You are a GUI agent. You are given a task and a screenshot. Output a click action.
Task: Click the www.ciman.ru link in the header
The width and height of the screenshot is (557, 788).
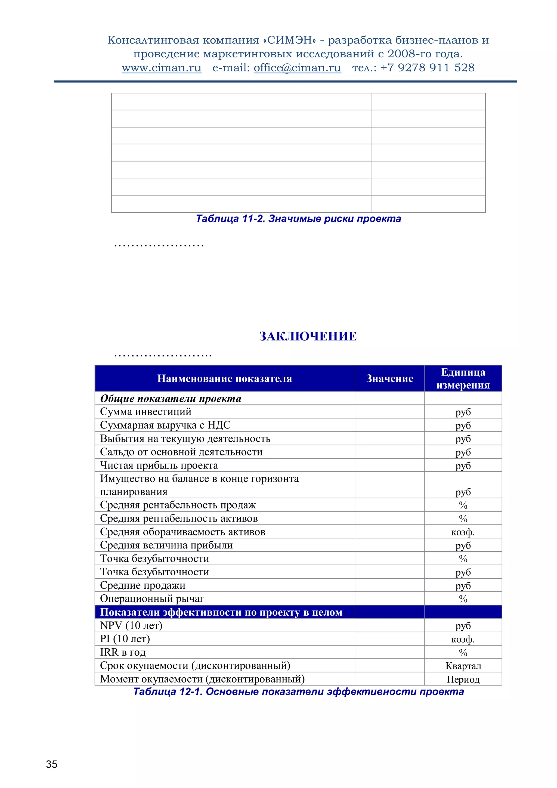tap(161, 68)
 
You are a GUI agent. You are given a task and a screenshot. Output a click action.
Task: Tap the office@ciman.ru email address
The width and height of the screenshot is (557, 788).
tap(297, 68)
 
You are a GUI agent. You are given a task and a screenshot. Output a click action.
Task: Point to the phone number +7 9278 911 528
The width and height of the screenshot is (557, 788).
tap(427, 68)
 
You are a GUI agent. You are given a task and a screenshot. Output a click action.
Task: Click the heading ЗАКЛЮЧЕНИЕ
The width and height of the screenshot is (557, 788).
tap(308, 336)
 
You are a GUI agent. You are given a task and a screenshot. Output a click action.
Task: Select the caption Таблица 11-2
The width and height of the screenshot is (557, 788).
tap(298, 219)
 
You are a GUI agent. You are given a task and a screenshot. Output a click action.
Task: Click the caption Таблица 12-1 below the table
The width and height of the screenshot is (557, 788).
tap(298, 691)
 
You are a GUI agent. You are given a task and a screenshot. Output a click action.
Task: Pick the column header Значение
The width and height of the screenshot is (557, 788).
tap(389, 378)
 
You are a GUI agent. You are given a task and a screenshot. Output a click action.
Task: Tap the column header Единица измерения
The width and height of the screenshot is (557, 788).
tap(463, 378)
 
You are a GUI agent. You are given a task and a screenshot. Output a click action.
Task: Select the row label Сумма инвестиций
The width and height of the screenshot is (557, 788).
tap(146, 411)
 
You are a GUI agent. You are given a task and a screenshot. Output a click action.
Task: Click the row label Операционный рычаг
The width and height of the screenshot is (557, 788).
tap(152, 598)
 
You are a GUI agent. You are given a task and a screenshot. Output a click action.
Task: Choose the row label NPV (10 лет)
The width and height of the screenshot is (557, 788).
tap(131, 625)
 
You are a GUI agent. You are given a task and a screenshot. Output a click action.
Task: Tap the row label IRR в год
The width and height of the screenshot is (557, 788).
tap(123, 652)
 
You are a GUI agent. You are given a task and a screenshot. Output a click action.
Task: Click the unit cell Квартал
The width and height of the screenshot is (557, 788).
tap(463, 666)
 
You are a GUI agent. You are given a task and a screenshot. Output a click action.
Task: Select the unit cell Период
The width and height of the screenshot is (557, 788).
tap(463, 679)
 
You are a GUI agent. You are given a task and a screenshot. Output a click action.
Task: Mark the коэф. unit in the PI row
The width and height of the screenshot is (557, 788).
tap(463, 639)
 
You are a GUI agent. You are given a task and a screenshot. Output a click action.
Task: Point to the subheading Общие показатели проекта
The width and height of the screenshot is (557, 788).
tap(171, 398)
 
